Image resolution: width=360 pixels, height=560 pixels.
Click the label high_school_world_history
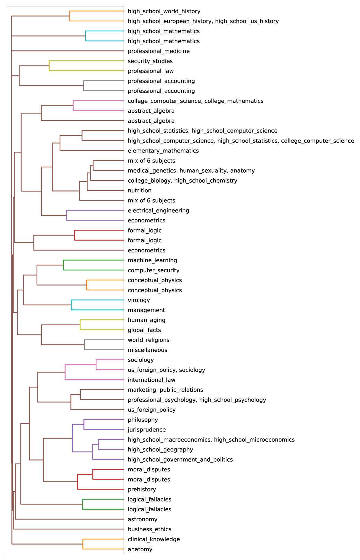pos(164,11)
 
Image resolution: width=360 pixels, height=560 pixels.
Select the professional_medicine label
pos(158,51)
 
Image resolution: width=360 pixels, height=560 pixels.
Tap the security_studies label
pos(150,61)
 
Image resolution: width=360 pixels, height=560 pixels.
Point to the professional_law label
pos(151,71)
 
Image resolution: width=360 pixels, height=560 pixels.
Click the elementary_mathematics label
pos(163,151)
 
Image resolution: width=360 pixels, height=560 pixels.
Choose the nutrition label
pos(140,190)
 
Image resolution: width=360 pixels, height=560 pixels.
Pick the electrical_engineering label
pos(158,211)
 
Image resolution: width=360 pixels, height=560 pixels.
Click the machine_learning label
pos(152,260)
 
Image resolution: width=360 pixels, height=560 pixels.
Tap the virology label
pos(139,300)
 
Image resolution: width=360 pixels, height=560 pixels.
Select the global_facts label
pos(144,330)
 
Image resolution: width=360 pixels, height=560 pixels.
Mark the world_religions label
pos(148,340)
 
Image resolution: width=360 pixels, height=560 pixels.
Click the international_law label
pos(151,380)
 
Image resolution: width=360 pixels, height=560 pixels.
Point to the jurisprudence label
pos(147,430)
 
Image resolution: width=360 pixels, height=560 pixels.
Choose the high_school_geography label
pos(160,450)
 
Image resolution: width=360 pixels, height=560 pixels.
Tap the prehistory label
pos(142,490)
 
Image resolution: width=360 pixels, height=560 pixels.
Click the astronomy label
pos(142,519)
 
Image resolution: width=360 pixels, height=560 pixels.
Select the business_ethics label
pos(150,529)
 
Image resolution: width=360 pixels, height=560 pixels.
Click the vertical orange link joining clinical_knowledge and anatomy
pos(83,544)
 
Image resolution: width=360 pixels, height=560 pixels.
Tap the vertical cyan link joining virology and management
pos(71,305)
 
